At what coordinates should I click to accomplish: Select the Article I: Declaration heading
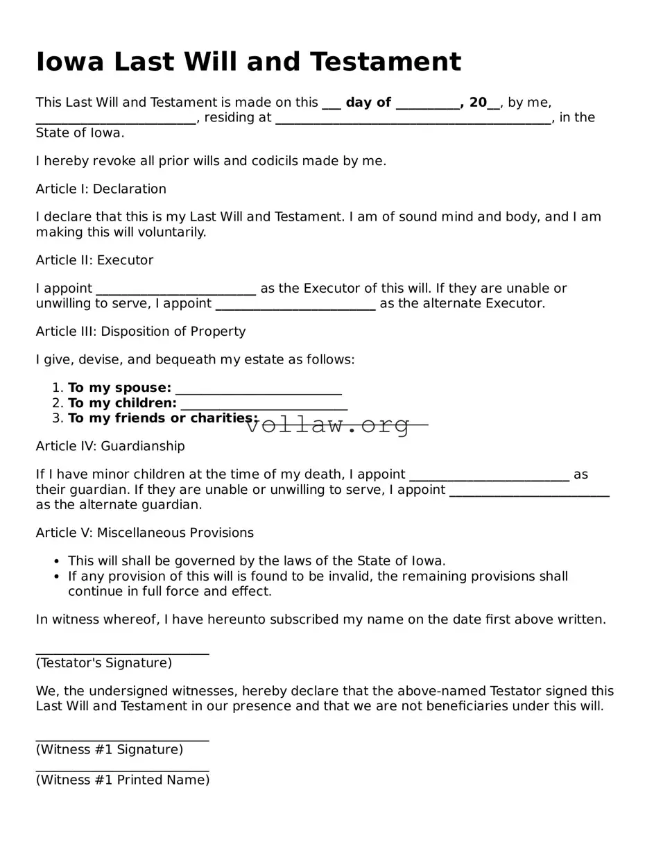click(101, 189)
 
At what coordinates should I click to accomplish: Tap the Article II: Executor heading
click(94, 260)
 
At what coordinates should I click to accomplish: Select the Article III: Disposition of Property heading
click(141, 332)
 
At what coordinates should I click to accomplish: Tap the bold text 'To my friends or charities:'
click(162, 418)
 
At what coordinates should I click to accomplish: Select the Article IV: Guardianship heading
click(110, 446)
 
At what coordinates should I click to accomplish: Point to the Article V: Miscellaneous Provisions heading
click(144, 533)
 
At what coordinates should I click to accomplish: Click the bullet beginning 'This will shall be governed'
click(257, 561)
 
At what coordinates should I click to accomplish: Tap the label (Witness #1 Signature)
click(110, 749)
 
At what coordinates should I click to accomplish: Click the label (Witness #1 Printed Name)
click(122, 780)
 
